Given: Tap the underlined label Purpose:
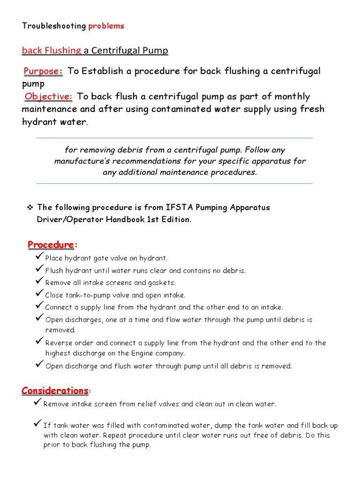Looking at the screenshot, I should (x=44, y=71).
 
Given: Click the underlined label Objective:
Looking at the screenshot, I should (x=49, y=97).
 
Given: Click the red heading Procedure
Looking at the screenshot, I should (x=51, y=245).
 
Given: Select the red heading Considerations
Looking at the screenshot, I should (x=55, y=390).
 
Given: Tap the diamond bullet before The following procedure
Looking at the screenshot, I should (x=30, y=207).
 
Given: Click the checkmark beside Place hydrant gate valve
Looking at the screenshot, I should (x=39, y=257).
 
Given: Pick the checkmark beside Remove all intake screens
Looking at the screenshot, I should (x=39, y=281).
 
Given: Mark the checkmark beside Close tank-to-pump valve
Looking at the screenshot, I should (x=39, y=293).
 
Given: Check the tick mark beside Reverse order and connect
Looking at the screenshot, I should (x=39, y=341).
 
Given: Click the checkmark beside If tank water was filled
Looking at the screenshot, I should (x=38, y=424).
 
